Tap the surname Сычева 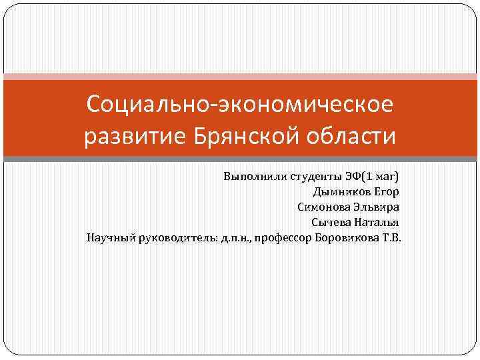(331, 222)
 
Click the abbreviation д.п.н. (233, 237)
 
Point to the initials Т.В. (391, 237)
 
